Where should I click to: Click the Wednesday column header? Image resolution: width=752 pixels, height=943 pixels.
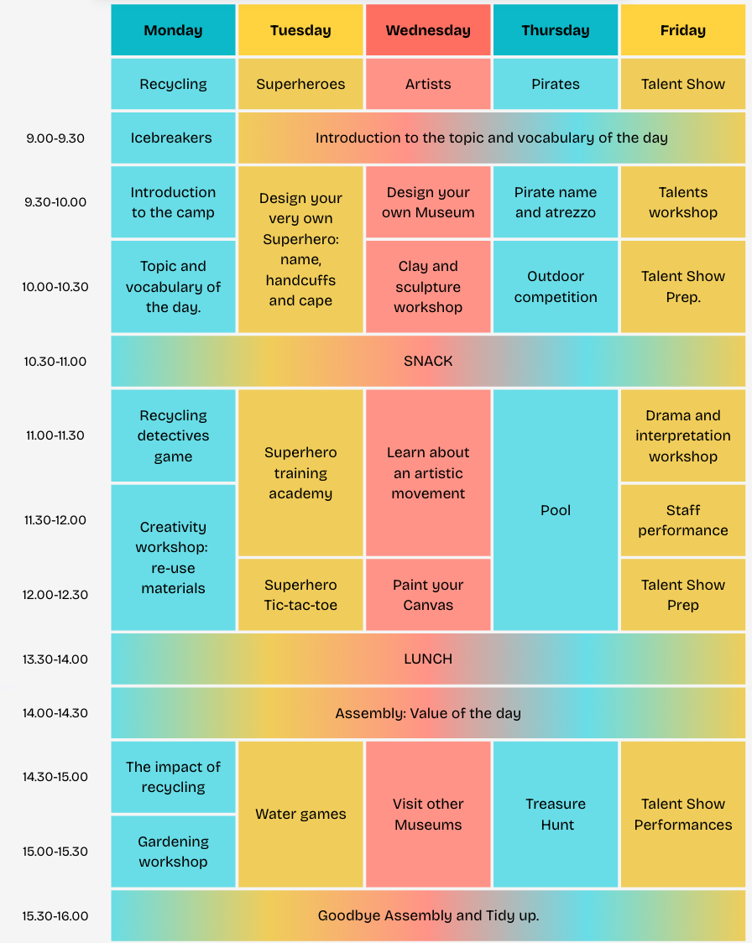click(x=428, y=30)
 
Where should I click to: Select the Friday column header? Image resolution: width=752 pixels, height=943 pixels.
click(x=682, y=30)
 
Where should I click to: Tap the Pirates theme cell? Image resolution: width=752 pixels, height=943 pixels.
click(x=556, y=84)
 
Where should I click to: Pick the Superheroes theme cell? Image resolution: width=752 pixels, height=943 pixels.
click(x=300, y=84)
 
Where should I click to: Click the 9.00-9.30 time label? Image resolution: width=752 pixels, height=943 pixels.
click(x=55, y=138)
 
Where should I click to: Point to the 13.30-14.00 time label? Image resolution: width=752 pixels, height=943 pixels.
click(x=55, y=659)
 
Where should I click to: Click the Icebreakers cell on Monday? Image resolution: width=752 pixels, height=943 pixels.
click(x=173, y=138)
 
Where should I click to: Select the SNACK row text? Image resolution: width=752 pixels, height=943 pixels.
click(x=428, y=361)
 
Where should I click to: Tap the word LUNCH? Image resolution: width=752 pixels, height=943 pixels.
click(x=428, y=659)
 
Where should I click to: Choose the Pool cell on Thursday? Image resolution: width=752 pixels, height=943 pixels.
click(x=556, y=510)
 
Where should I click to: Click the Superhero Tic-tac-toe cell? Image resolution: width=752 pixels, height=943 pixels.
click(x=300, y=595)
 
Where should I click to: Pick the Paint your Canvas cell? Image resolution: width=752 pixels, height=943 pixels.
click(x=428, y=595)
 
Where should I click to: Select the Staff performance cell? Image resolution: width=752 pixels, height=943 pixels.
click(x=682, y=520)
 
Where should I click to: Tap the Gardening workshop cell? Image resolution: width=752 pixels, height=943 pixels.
click(x=173, y=852)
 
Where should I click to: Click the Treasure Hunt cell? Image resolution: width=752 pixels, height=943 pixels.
click(x=556, y=814)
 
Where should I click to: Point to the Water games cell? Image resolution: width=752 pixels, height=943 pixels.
click(x=300, y=814)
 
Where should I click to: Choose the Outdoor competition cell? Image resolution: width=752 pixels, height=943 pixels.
click(x=556, y=287)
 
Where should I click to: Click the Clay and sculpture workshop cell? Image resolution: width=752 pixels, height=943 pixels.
click(x=428, y=287)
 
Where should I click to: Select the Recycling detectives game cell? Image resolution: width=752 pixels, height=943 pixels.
click(x=173, y=436)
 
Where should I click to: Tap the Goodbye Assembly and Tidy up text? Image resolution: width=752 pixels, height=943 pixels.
click(x=428, y=915)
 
